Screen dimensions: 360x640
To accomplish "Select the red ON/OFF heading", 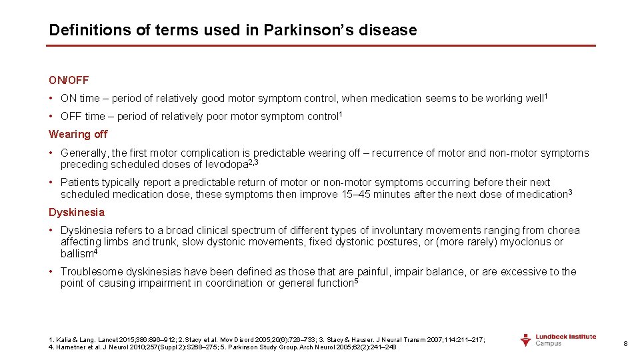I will point(69,81).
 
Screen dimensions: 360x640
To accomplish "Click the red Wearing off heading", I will point(78,134).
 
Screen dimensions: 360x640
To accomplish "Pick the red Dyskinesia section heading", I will point(77,212).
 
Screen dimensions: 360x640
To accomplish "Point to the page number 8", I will point(625,344).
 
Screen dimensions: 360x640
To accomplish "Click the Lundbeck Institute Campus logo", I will point(558,340).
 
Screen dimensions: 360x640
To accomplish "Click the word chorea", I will point(565,231).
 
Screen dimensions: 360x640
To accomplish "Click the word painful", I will point(375,272).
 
